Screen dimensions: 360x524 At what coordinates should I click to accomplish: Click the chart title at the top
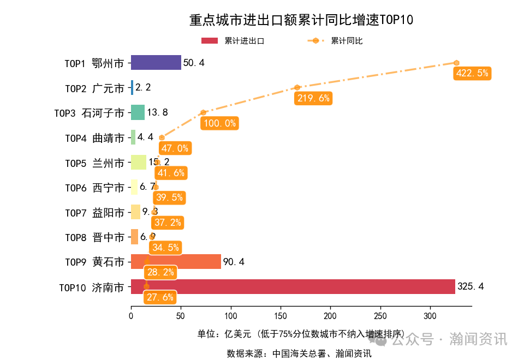click(301, 20)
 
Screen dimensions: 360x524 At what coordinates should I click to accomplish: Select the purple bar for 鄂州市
click(156, 63)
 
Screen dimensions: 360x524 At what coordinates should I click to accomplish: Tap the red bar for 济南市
click(293, 286)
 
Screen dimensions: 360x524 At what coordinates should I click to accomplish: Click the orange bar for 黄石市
click(176, 262)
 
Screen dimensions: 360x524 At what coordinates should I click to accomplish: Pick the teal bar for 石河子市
click(138, 112)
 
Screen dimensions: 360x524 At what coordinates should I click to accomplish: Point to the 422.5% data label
click(472, 73)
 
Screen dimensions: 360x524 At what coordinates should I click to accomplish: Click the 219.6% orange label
click(313, 98)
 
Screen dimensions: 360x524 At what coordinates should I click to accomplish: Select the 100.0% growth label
click(219, 123)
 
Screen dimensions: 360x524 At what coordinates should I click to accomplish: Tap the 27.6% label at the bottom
click(160, 297)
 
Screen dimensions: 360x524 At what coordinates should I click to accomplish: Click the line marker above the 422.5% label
click(456, 63)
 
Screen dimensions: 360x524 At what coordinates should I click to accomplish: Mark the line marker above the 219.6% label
click(297, 87)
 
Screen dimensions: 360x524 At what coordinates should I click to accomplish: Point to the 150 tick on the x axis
click(281, 315)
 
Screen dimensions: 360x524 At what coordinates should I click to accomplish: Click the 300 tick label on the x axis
click(430, 315)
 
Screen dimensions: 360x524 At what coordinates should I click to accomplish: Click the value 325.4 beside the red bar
click(471, 286)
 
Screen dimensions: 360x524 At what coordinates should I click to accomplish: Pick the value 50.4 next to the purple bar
click(194, 63)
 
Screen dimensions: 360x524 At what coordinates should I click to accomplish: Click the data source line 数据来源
click(299, 353)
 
